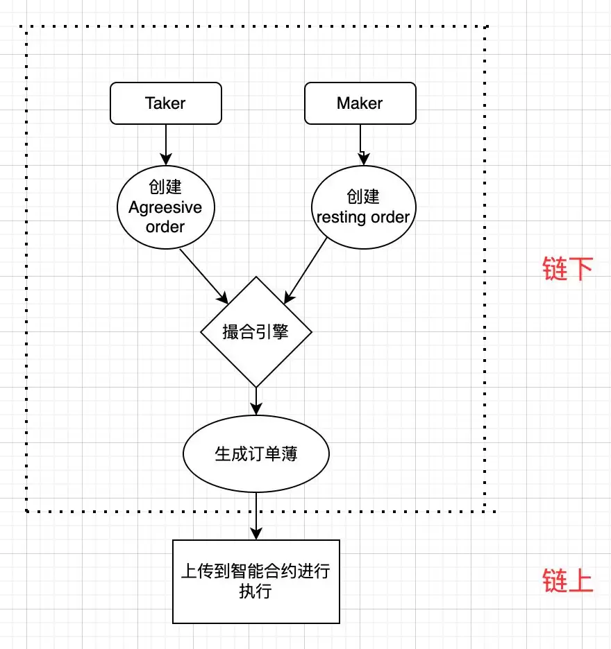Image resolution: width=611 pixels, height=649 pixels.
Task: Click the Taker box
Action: tap(165, 103)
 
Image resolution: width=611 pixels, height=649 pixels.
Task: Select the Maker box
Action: tap(360, 103)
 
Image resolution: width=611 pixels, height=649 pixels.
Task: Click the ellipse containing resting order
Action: tap(363, 207)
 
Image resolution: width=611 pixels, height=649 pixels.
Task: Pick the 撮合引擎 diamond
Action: tap(256, 332)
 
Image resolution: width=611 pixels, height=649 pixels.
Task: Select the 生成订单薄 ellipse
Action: tap(256, 453)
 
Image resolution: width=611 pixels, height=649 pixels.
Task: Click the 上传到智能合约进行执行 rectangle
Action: tap(256, 581)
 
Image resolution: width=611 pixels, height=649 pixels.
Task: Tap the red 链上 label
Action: tap(567, 581)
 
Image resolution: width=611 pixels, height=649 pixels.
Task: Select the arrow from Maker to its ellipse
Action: tap(360, 144)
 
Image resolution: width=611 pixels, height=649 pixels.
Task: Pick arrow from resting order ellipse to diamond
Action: tap(305, 270)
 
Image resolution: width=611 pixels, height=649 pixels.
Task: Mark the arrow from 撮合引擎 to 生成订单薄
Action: tap(256, 401)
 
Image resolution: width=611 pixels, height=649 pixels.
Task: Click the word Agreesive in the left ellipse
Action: tap(165, 207)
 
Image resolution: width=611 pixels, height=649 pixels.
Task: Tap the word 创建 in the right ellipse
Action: tap(363, 197)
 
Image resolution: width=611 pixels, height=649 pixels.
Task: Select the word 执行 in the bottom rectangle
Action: tap(256, 592)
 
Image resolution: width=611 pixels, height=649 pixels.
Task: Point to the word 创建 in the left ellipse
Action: tap(165, 188)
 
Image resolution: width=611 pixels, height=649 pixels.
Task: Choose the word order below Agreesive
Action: tap(165, 227)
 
